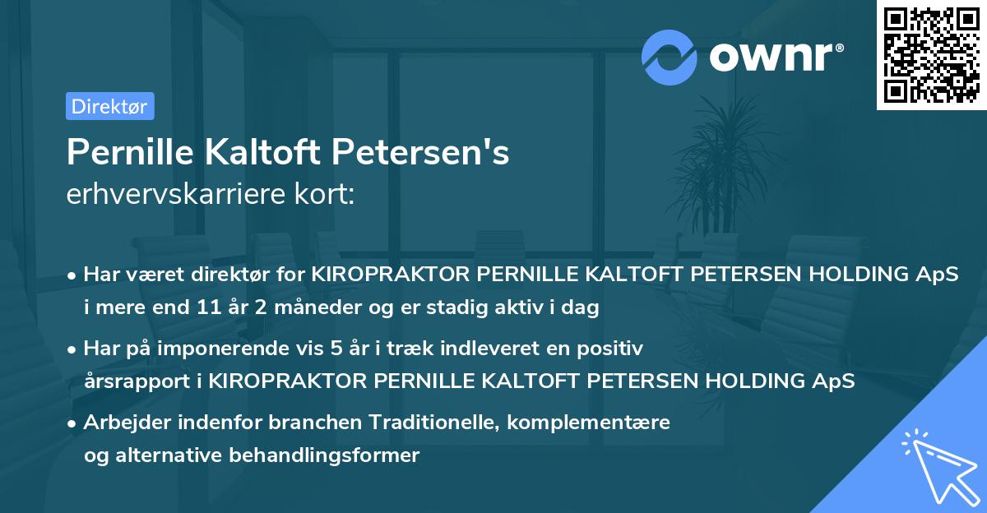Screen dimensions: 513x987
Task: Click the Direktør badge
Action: (x=109, y=106)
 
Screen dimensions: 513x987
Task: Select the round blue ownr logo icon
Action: (x=670, y=57)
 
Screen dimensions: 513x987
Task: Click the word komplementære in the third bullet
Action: (x=590, y=423)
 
